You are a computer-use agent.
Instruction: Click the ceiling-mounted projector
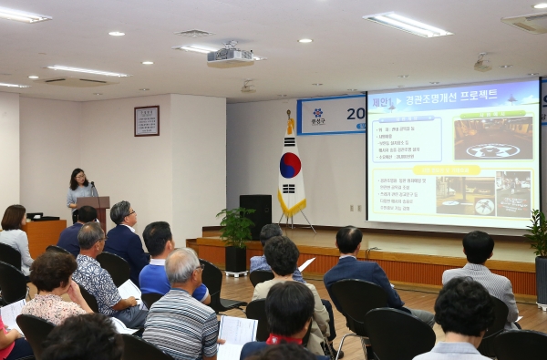[230, 57]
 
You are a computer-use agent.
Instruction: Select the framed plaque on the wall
[146, 120]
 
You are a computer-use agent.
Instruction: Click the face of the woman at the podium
[78, 179]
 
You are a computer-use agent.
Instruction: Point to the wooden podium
[95, 210]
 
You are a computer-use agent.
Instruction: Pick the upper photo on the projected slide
[492, 138]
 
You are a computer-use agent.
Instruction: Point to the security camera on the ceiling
[482, 64]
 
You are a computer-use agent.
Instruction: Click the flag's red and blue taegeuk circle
[290, 165]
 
